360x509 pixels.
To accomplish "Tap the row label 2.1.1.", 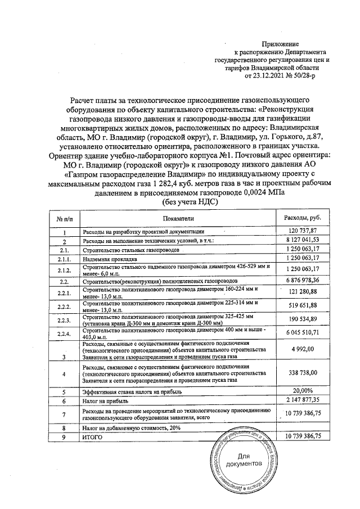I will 65,259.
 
